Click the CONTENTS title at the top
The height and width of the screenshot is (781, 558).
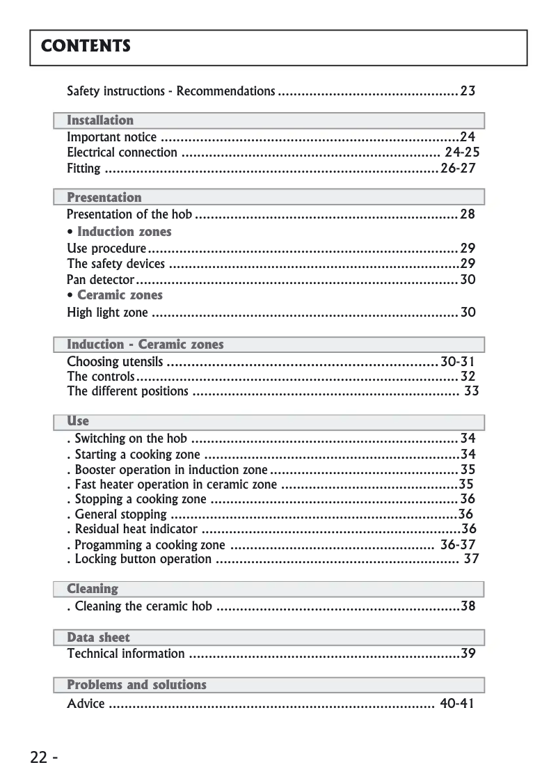click(86, 47)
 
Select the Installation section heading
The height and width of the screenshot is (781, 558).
click(100, 120)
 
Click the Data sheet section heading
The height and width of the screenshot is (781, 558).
click(98, 637)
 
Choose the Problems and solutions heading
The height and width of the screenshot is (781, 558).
click(136, 685)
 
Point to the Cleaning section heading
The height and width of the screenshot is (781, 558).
click(93, 589)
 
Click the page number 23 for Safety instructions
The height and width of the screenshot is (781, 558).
click(468, 91)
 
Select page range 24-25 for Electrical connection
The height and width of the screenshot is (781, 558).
click(462, 152)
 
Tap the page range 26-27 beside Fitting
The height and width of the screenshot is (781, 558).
click(459, 168)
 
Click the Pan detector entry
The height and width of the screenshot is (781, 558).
click(100, 280)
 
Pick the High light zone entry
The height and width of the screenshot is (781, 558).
click(107, 313)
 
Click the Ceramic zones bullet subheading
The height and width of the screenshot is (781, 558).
click(119, 295)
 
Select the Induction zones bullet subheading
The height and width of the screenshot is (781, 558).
click(124, 232)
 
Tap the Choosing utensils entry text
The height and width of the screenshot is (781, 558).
click(115, 362)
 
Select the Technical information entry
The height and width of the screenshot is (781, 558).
click(126, 654)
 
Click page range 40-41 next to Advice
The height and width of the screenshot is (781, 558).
click(457, 704)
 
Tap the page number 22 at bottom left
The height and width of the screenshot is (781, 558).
click(39, 757)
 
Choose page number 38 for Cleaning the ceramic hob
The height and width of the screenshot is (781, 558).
click(468, 606)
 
